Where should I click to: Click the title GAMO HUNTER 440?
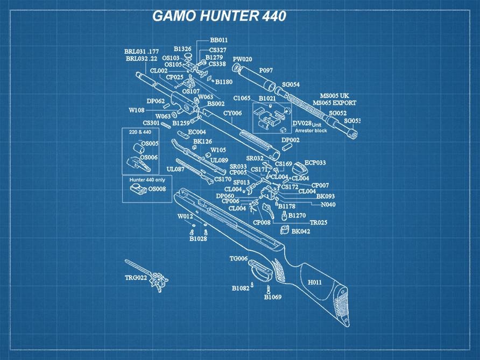pos(219,16)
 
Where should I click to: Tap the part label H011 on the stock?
pos(314,282)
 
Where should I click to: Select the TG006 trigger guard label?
pos(238,259)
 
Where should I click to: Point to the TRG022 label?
pos(136,278)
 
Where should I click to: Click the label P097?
pos(266,70)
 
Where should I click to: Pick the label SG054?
pos(291,85)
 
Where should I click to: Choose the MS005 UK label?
pos(334,96)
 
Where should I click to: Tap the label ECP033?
pos(315,163)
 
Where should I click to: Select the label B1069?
pos(272,297)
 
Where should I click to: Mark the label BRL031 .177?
pos(142,51)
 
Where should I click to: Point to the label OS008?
pos(157,189)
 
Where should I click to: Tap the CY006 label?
pos(232,114)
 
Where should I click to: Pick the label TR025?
pos(318,222)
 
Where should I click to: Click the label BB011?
pos(218,40)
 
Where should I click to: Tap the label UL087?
pos(175,169)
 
